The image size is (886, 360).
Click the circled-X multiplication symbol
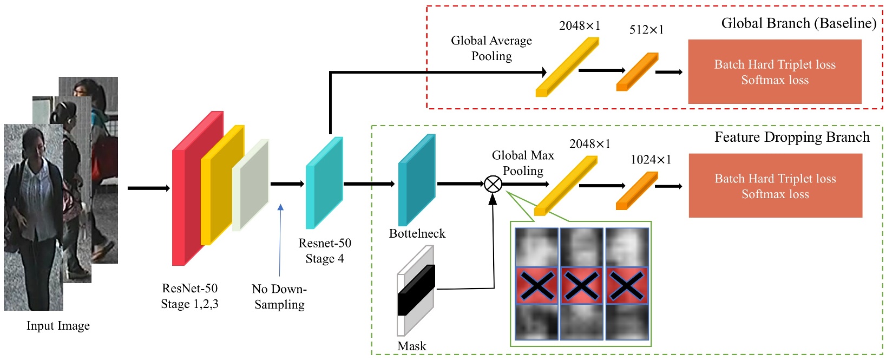point(493,184)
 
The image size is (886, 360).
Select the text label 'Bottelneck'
point(417,234)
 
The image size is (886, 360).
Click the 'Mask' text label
point(412,346)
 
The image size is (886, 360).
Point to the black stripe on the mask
point(416,290)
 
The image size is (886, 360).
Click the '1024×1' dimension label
point(651,160)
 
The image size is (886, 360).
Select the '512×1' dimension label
point(646,30)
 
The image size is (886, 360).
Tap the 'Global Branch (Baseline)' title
point(798,23)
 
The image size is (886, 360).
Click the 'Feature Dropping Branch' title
point(792,138)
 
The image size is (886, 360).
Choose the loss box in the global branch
point(775,72)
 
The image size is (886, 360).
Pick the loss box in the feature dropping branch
point(775,186)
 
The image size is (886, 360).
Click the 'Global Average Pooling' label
point(491,48)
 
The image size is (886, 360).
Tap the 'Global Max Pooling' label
point(523,163)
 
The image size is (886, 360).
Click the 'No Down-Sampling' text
point(279,297)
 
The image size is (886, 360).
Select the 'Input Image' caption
point(58,326)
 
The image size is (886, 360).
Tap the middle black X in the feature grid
point(582,285)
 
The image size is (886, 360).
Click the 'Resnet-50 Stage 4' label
point(325,251)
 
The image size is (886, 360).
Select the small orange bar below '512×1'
point(637,72)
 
